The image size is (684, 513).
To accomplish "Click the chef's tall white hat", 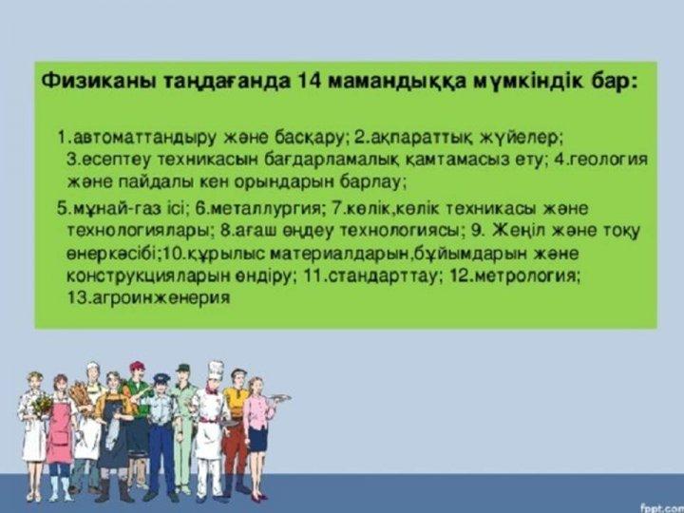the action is [216, 370].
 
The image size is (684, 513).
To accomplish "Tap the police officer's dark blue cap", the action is [161, 378].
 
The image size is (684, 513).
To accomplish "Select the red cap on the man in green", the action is [137, 366].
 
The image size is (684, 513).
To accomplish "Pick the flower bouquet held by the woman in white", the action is [42, 405].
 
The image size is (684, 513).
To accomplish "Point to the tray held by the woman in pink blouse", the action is [278, 398].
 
